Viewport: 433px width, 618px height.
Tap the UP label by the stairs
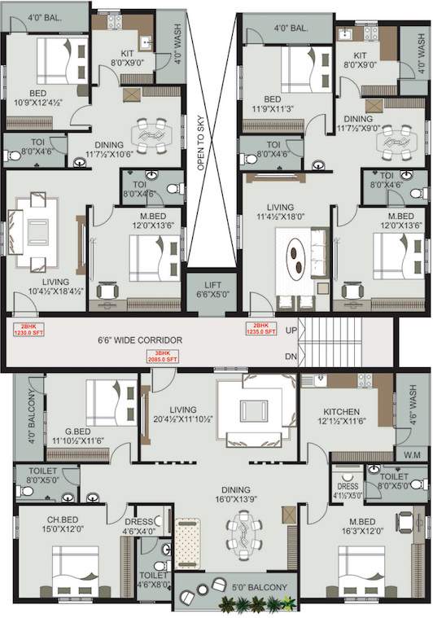tap(291, 331)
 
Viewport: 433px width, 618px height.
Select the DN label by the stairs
tap(291, 357)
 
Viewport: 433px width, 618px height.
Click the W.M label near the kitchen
tap(411, 454)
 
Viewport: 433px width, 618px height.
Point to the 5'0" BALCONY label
tap(260, 587)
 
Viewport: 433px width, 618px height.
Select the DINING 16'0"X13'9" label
tap(238, 496)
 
